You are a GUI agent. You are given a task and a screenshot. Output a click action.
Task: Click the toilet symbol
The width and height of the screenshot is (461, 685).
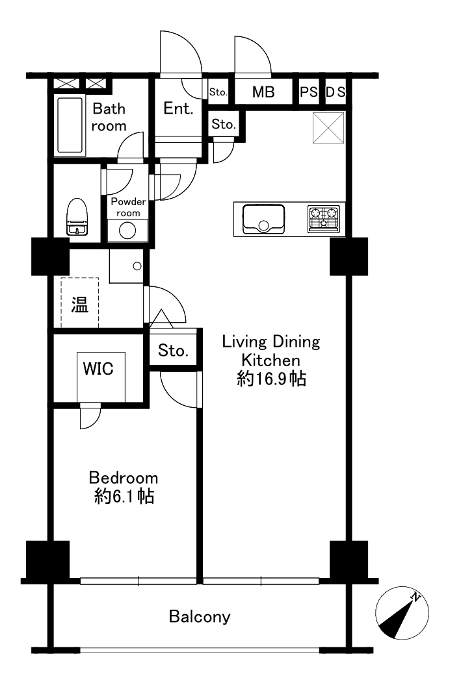pyautogui.click(x=77, y=217)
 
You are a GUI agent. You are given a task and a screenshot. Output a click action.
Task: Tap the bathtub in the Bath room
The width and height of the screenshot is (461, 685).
pyautogui.click(x=70, y=125)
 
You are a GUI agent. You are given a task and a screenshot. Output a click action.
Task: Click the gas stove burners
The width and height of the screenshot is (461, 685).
pyautogui.click(x=324, y=219)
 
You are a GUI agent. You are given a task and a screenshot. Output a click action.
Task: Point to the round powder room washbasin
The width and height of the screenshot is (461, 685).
pyautogui.click(x=127, y=230)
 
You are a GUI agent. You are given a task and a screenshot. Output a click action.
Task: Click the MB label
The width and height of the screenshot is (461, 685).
pyautogui.click(x=263, y=92)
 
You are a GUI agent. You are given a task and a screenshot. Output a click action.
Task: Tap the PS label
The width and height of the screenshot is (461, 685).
pyautogui.click(x=309, y=92)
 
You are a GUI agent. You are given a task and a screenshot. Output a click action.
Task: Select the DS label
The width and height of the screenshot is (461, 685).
pyautogui.click(x=336, y=92)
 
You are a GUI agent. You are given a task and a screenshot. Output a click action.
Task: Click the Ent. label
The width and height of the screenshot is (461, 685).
pyautogui.click(x=178, y=108)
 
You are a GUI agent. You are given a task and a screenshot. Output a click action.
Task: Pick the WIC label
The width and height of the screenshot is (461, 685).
pyautogui.click(x=98, y=369)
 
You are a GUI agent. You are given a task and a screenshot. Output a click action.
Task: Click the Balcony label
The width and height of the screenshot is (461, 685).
pyautogui.click(x=200, y=616)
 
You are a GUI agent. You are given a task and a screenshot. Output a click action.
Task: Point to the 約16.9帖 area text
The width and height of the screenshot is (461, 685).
pyautogui.click(x=271, y=379)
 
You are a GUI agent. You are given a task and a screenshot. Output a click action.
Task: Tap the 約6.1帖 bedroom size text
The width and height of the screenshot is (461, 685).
pyautogui.click(x=124, y=496)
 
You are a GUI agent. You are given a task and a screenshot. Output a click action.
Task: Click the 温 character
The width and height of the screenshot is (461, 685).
pyautogui.click(x=79, y=305)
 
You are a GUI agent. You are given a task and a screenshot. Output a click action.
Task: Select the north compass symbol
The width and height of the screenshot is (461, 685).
pyautogui.click(x=402, y=612)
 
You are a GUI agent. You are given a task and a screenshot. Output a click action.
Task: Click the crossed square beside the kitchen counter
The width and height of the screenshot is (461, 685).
pyautogui.click(x=328, y=127)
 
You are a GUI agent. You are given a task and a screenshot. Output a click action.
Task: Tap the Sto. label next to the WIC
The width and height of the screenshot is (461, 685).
pyautogui.click(x=173, y=350)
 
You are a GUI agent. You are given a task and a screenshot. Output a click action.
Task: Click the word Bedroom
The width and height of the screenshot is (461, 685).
pyautogui.click(x=124, y=477)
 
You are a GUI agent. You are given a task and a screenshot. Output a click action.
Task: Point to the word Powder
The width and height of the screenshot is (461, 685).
pyautogui.click(x=128, y=201)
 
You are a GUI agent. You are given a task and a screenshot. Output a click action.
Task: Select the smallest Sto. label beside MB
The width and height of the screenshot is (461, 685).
pyautogui.click(x=218, y=92)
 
